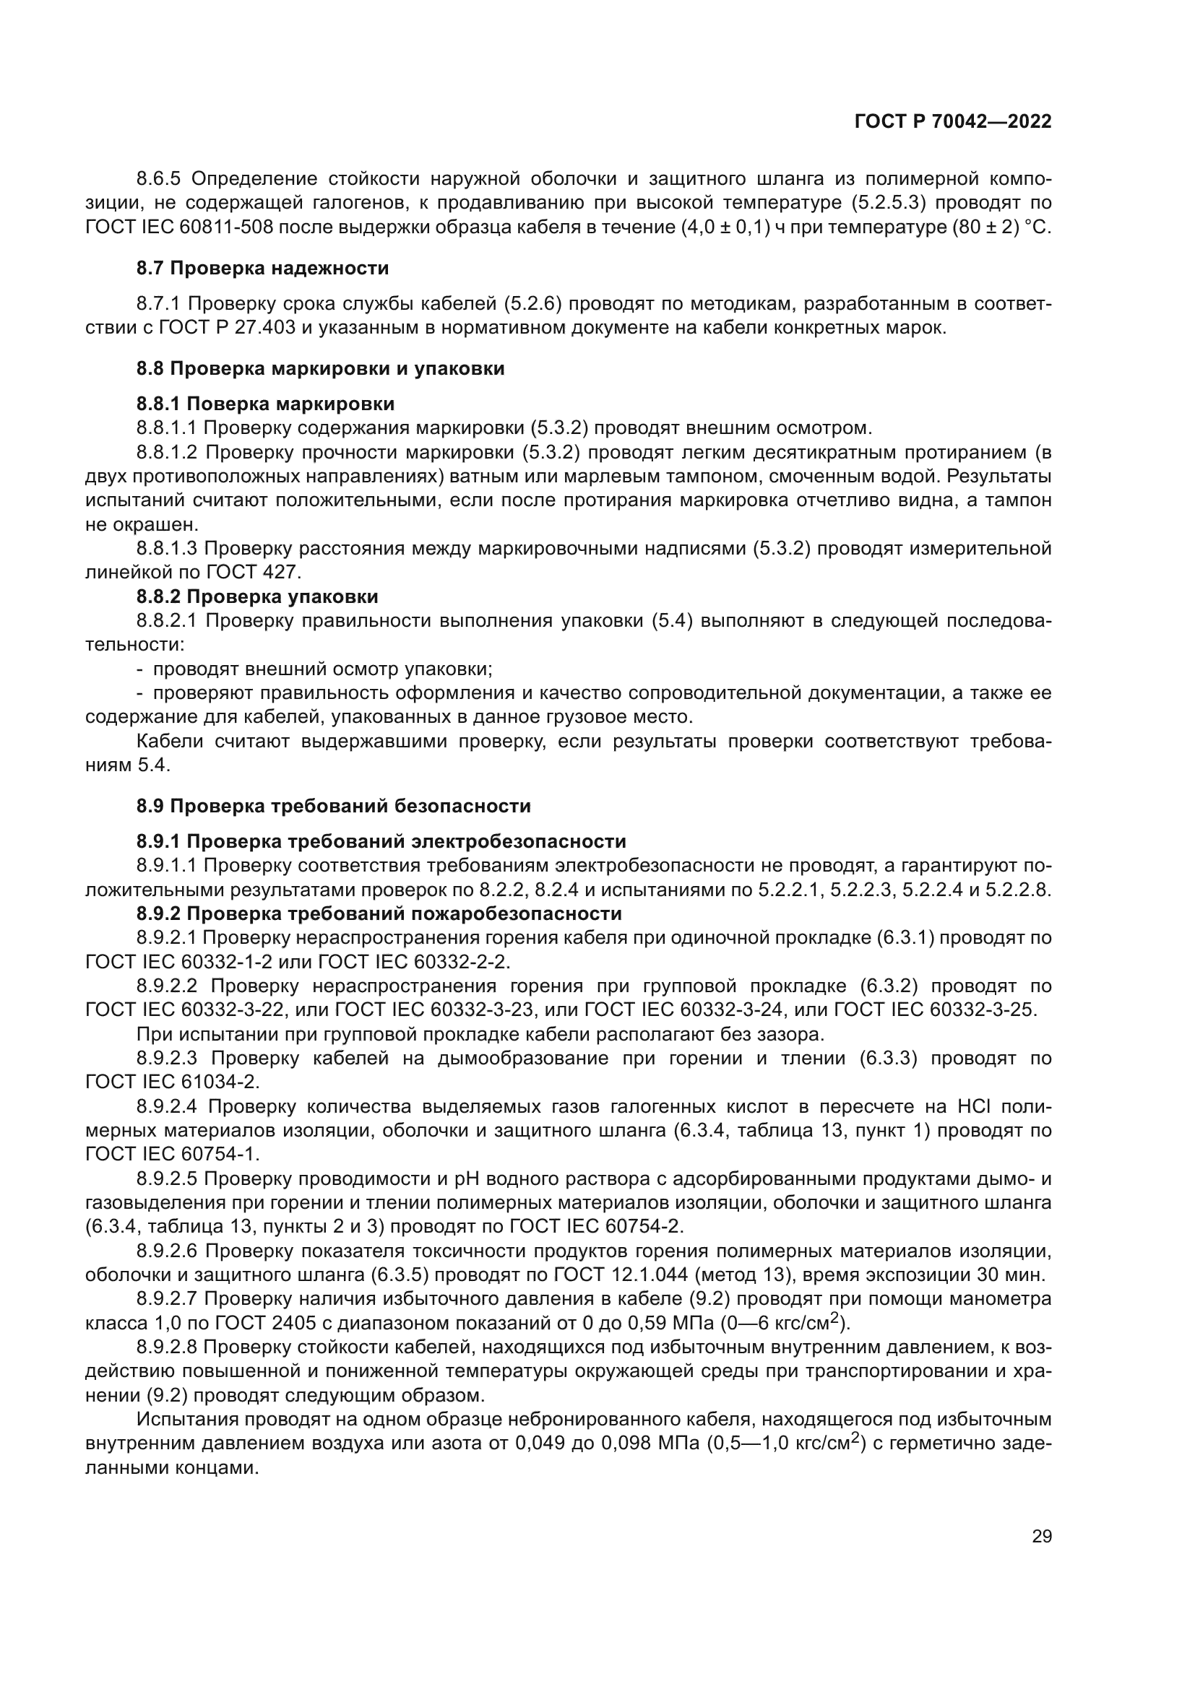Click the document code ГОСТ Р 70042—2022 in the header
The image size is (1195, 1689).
[x=953, y=122]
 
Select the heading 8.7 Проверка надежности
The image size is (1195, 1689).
[x=263, y=269]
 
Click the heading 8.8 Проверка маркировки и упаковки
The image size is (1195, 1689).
[x=320, y=368]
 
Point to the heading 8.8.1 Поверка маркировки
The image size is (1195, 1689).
[x=265, y=404]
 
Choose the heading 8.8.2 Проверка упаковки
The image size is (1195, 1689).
[x=256, y=596]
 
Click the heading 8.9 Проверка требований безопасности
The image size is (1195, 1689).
[x=333, y=807]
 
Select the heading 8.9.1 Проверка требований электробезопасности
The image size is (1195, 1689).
[x=381, y=841]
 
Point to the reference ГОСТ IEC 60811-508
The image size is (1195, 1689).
[x=181, y=227]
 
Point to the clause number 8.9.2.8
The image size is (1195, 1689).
[x=168, y=1347]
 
